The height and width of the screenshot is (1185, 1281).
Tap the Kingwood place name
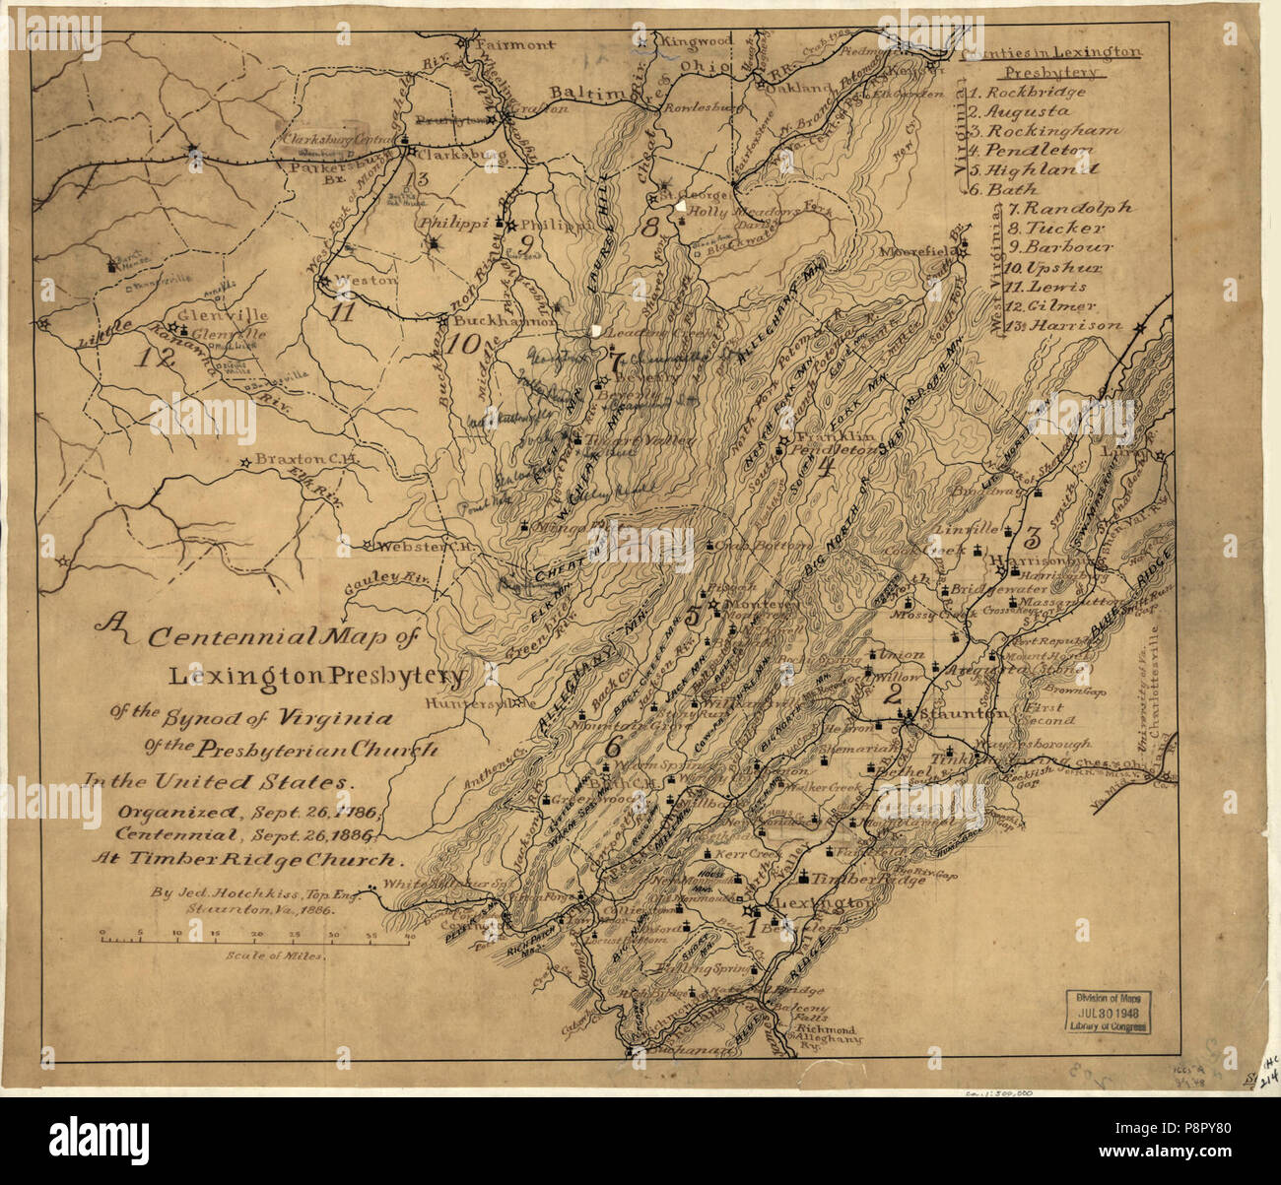point(696,41)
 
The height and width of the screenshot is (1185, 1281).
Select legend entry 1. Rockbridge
point(1026,92)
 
